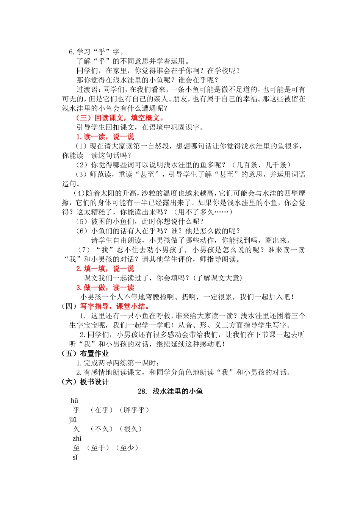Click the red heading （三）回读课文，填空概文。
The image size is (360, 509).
(121, 118)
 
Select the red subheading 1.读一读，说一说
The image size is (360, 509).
(105, 137)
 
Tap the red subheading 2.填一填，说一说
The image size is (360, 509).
(105, 269)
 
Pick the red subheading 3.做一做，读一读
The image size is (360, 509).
(105, 287)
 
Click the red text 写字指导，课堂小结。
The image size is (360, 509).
(116, 306)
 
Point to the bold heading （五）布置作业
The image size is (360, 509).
(85, 354)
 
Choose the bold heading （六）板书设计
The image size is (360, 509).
(85, 382)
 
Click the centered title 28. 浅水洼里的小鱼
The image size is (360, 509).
(171, 391)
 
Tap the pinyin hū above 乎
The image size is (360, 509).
(74, 401)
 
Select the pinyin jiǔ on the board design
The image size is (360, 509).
(73, 420)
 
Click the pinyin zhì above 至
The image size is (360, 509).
(77, 439)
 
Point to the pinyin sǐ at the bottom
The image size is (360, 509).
(75, 457)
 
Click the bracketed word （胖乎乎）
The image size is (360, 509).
(134, 410)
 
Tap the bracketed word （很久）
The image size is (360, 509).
(130, 429)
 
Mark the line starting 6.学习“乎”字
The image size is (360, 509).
(96, 52)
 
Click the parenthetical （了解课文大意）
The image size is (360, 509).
(218, 278)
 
